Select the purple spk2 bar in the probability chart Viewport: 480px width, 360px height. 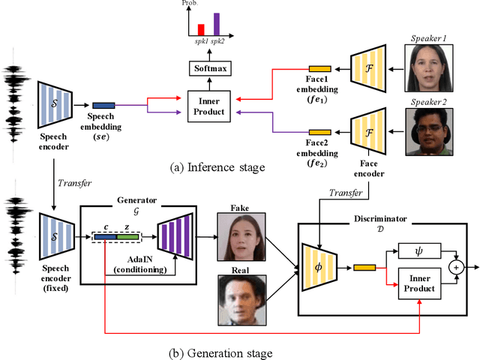tap(216, 23)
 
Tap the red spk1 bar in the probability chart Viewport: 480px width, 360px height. tap(200, 28)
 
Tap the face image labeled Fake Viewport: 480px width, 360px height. tap(241, 234)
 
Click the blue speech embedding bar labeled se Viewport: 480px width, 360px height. tap(104, 106)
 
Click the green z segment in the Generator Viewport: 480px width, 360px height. tap(128, 237)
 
